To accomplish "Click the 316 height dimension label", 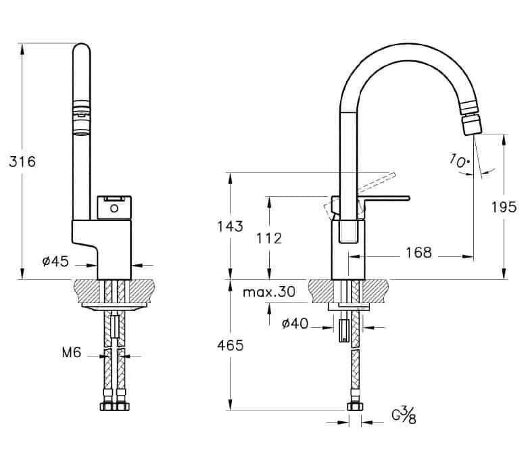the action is pyautogui.click(x=22, y=162).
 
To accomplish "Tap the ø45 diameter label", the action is pyautogui.click(x=55, y=261).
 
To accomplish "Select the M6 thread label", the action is pyautogui.click(x=72, y=353).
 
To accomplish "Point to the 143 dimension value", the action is pyautogui.click(x=230, y=227).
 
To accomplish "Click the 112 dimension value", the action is pyautogui.click(x=269, y=239).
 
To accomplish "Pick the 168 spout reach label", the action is pyautogui.click(x=418, y=253).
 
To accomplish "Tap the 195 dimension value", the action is pyautogui.click(x=504, y=207).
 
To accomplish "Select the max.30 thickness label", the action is pyautogui.click(x=268, y=291).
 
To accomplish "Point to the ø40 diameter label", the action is pyautogui.click(x=295, y=324).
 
